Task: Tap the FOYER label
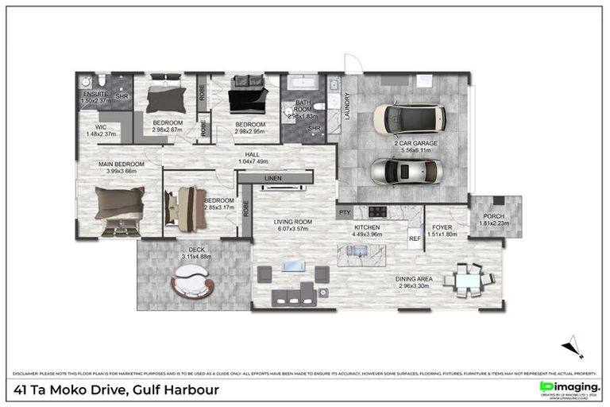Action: pos(439,227)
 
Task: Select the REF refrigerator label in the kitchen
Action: pos(414,238)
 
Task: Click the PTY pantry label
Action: pos(344,213)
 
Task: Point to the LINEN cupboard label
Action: pos(272,179)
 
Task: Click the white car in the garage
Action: pos(403,118)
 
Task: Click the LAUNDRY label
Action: pos(346,106)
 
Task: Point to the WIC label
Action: pos(101,126)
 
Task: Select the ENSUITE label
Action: pos(95,93)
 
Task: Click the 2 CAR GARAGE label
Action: pos(420,144)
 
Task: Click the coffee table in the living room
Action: pos(293,266)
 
